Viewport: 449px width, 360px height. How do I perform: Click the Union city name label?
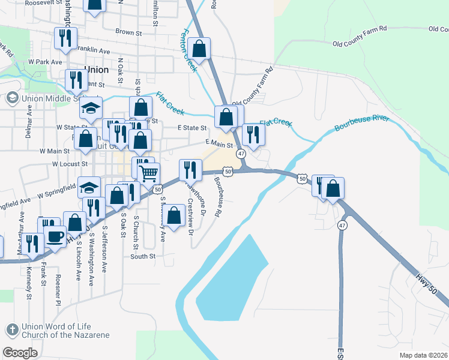97,70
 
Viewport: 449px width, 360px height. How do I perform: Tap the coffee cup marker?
55,236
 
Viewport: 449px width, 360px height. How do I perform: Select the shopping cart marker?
149,173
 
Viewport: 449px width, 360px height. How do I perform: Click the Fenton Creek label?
188,50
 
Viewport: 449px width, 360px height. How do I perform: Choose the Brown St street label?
128,32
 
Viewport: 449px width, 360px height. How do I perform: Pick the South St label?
143,256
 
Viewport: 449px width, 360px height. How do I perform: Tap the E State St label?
192,128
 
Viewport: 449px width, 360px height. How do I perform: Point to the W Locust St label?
70,163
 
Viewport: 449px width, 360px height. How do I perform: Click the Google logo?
20,352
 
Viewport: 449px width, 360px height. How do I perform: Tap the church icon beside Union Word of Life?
12,329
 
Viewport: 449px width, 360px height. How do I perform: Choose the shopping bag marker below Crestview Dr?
174,216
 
